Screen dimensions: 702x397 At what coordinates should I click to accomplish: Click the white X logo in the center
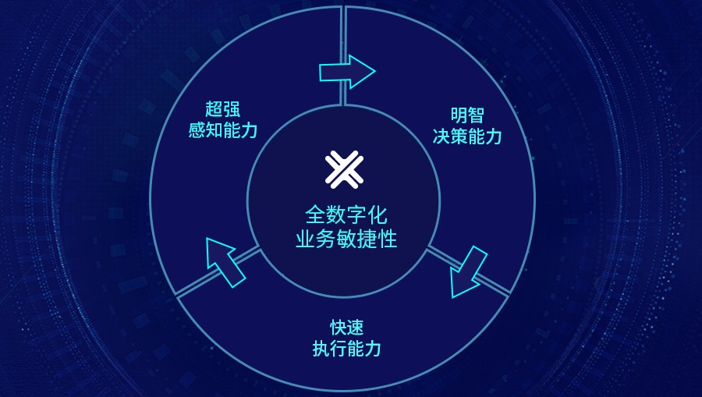coord(344,169)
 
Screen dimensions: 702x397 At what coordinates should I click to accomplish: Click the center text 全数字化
coord(346,214)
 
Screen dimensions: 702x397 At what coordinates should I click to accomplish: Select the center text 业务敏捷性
coord(346,239)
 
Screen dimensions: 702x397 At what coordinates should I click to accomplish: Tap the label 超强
coord(223,109)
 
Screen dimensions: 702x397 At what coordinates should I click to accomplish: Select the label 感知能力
coord(223,130)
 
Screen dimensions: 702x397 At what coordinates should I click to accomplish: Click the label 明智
coord(467,115)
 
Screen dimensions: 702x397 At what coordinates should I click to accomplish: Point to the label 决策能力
coord(467,136)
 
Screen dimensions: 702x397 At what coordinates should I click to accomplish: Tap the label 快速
coord(346,328)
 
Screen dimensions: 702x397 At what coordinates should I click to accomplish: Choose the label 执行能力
coord(346,349)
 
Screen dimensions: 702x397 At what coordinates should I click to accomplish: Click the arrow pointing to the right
coord(347,72)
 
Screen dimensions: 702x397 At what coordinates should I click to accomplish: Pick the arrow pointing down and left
coord(467,272)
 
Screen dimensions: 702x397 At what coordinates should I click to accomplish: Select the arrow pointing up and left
coord(225,262)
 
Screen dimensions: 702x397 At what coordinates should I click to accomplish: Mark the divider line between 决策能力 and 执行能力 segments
coord(468,271)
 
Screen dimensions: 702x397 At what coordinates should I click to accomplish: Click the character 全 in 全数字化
coord(315,214)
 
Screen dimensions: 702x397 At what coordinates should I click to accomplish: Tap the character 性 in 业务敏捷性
coord(388,239)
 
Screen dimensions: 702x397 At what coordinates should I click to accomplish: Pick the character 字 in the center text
coord(356,214)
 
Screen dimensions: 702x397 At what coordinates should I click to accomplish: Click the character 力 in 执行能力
coord(373,349)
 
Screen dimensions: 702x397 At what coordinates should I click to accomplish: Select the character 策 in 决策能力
coord(459,136)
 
